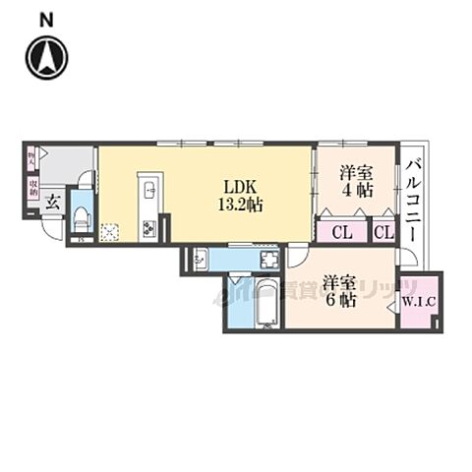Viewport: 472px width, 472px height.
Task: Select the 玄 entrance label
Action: pyautogui.click(x=51, y=206)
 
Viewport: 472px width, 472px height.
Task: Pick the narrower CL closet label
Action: pyautogui.click(x=383, y=232)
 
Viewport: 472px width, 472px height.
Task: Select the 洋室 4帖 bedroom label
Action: pyautogui.click(x=356, y=181)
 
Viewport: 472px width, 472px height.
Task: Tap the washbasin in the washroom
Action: pyautogui.click(x=200, y=259)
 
